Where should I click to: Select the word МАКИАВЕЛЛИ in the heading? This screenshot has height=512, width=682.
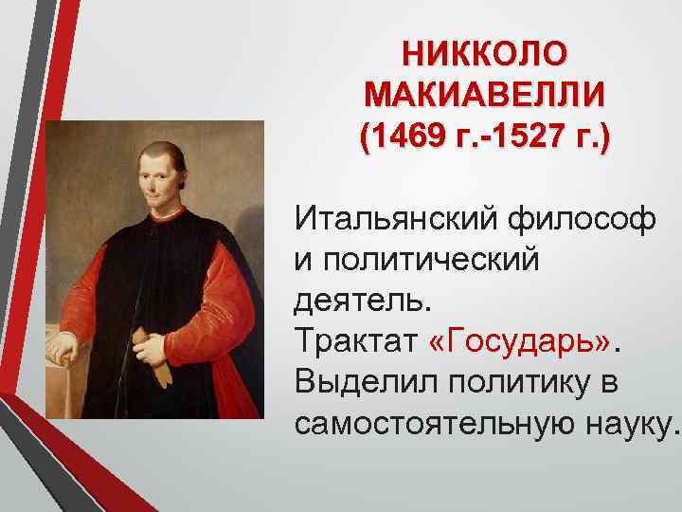point(485,96)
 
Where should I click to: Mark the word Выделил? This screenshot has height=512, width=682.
point(359,380)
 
